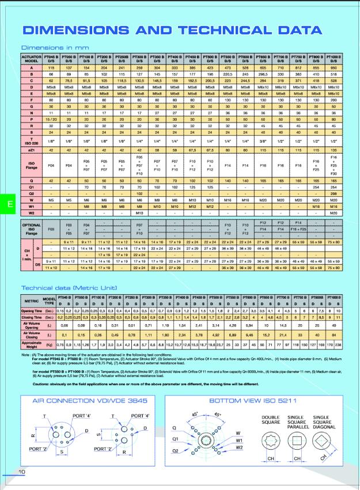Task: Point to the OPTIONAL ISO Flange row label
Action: [32, 228]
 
